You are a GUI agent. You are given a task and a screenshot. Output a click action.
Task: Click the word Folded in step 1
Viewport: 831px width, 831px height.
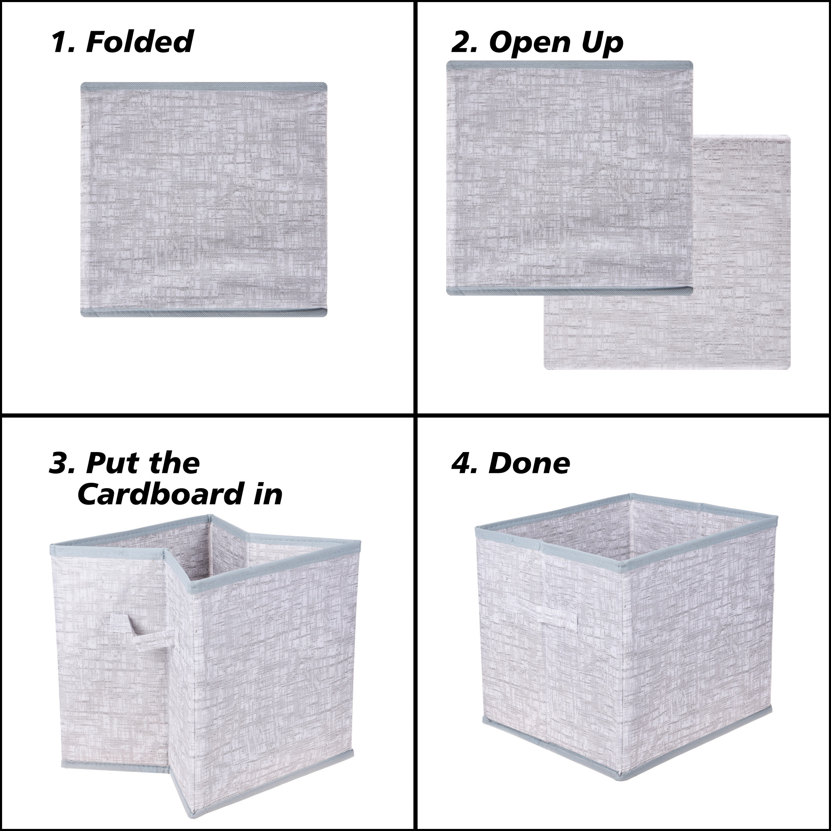click(139, 42)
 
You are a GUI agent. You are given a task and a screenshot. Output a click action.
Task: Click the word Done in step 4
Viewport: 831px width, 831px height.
click(529, 463)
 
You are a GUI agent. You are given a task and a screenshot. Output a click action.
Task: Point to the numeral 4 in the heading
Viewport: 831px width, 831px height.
click(461, 463)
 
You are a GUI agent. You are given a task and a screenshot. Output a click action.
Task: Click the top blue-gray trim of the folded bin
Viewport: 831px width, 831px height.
click(204, 86)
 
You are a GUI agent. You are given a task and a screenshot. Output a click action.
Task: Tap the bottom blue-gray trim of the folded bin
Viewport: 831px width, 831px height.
click(204, 313)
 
